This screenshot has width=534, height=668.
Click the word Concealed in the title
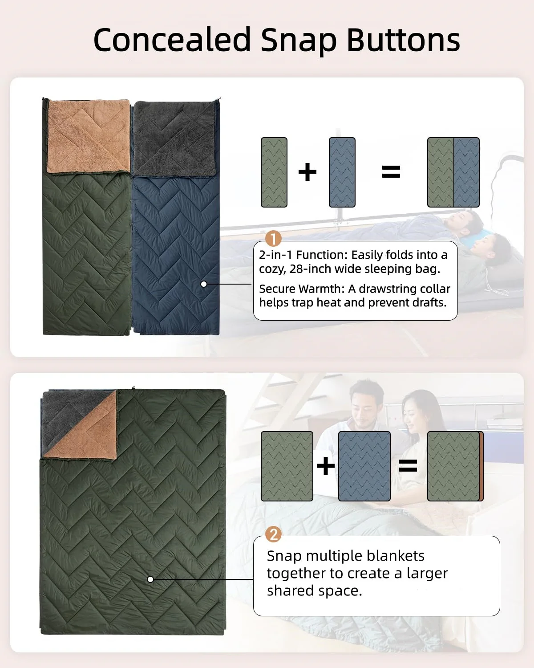pyautogui.click(x=172, y=40)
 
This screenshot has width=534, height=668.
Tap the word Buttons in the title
pyautogui.click(x=403, y=40)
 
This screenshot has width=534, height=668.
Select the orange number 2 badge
pyautogui.click(x=273, y=534)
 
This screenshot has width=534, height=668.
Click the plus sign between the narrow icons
pyautogui.click(x=307, y=171)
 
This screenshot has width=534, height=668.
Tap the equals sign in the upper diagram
pyautogui.click(x=391, y=171)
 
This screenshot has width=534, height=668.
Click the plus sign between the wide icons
pyautogui.click(x=325, y=466)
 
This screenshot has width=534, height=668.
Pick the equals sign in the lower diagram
pyautogui.click(x=408, y=466)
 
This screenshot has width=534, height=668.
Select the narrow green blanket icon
pyautogui.click(x=274, y=172)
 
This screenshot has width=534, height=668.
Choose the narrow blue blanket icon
pyautogui.click(x=342, y=172)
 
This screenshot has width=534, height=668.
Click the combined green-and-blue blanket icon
pyautogui.click(x=453, y=172)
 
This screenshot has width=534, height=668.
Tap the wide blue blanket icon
pyautogui.click(x=364, y=466)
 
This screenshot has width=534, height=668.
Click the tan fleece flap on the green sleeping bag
pyautogui.click(x=89, y=136)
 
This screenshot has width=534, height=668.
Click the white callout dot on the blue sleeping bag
pyautogui.click(x=204, y=284)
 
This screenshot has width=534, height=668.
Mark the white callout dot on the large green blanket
pyautogui.click(x=150, y=579)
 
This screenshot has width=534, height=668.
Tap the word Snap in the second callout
pyautogui.click(x=284, y=556)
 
